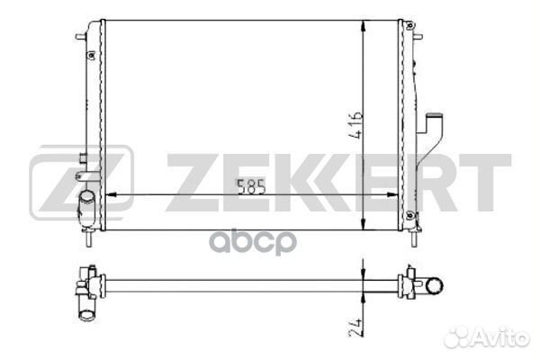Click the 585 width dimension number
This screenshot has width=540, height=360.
[251, 186]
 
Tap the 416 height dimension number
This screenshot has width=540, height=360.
[355, 125]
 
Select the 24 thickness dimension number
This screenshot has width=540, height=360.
[355, 328]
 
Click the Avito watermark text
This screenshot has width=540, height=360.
[487, 337]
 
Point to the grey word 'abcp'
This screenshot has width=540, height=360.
[253, 242]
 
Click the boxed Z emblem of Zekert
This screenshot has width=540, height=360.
[81, 183]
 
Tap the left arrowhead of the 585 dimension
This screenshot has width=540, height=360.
[111, 195]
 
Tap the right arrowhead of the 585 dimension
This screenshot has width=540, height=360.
[392, 195]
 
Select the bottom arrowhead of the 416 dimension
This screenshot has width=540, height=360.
[364, 223]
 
